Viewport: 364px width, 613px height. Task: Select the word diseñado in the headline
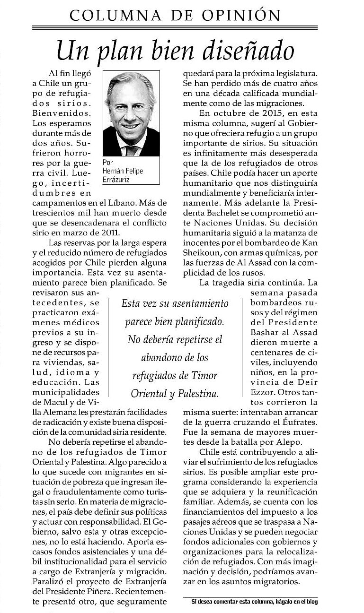pyautogui.click(x=251, y=50)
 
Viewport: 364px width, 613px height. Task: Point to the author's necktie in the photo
pyautogui.click(x=132, y=150)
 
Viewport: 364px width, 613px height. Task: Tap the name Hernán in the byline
pyautogui.click(x=115, y=171)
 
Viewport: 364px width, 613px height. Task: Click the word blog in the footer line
pyautogui.click(x=311, y=602)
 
